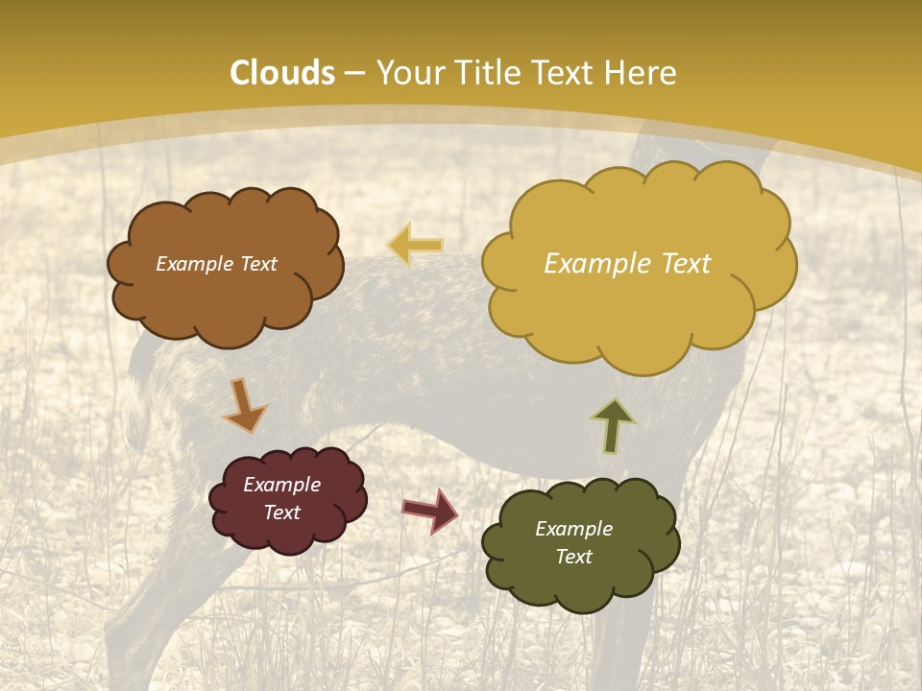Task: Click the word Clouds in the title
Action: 282,73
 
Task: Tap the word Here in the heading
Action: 642,73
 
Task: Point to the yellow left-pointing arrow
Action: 415,246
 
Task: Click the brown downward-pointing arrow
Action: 244,405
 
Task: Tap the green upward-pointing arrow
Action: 613,424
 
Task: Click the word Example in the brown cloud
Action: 193,264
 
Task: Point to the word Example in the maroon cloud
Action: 282,485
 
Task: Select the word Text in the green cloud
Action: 573,557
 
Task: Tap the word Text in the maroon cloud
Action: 282,512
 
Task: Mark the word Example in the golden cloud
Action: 594,264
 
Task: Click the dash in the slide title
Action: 355,73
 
